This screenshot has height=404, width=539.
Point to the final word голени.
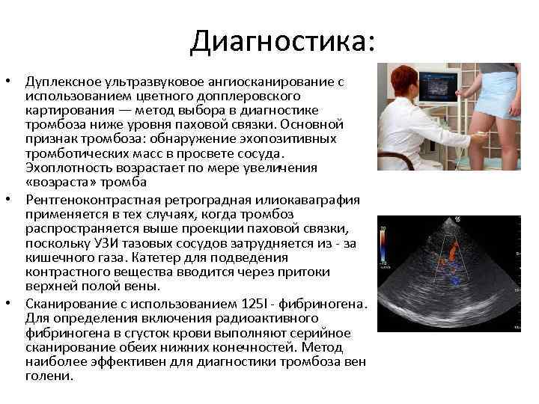[x=46, y=376]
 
